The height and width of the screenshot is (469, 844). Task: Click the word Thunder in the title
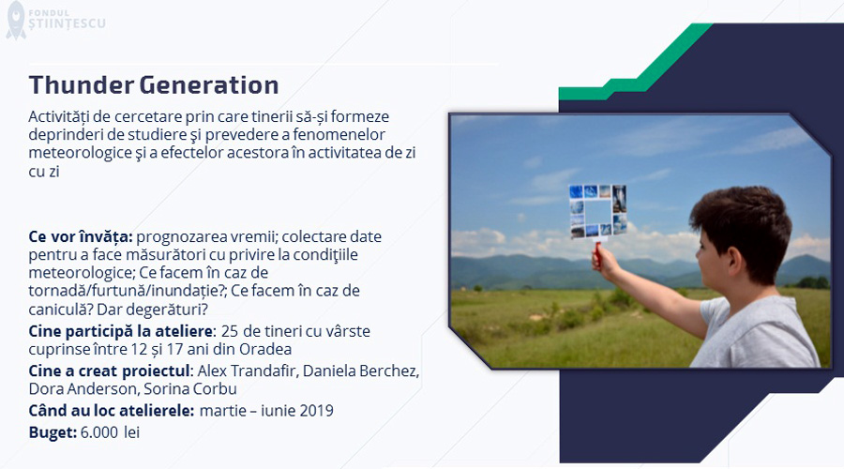[82, 85]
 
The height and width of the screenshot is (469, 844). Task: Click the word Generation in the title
[209, 85]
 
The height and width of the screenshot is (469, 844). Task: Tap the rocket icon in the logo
[16, 20]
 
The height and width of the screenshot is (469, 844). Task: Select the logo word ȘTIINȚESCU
[68, 23]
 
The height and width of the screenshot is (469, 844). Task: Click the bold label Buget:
[53, 432]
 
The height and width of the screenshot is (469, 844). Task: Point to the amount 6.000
[99, 432]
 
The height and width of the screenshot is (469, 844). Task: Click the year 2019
[316, 410]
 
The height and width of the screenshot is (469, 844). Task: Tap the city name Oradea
[265, 349]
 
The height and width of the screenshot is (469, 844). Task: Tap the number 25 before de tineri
[230, 331]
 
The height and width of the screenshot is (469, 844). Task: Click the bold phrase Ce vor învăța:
[81, 236]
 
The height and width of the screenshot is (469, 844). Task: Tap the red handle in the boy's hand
[597, 254]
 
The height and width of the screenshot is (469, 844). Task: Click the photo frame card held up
[598, 212]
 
